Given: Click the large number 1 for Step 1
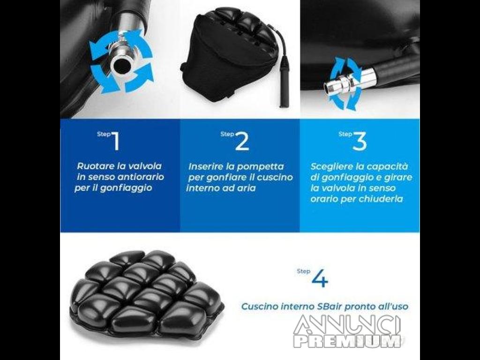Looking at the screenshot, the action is (116, 141).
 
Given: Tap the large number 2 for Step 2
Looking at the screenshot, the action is (242, 141).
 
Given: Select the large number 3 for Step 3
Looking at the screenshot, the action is (360, 141).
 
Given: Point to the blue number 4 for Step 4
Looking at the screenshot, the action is (320, 278).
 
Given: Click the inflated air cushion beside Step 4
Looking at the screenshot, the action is (147, 292).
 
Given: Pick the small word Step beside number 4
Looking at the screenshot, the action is (303, 271).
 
